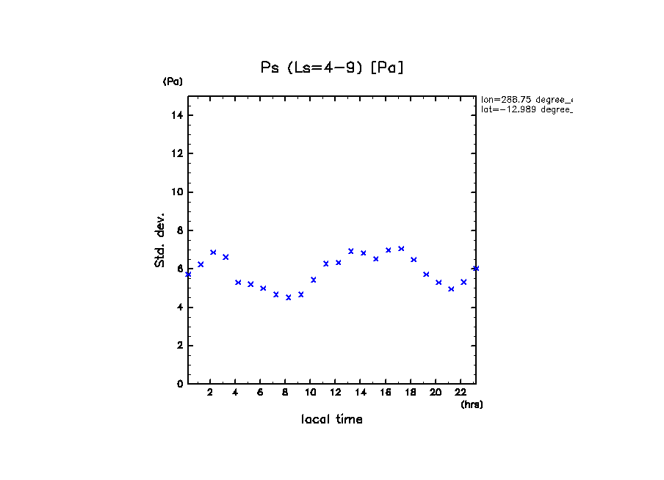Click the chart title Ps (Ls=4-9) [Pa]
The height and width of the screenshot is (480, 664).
tap(333, 68)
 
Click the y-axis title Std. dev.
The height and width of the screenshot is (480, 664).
tap(160, 240)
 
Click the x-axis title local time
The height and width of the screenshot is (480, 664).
tap(332, 419)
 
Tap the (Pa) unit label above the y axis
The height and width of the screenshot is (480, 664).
tap(173, 81)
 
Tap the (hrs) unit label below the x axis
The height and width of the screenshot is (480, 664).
tap(472, 404)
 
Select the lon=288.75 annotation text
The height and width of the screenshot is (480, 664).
tap(526, 99)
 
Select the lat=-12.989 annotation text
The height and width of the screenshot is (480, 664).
tap(526, 109)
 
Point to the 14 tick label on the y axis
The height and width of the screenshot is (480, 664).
tap(176, 115)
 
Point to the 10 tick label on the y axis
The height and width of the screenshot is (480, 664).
tap(176, 192)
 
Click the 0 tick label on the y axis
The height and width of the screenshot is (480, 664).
tap(179, 384)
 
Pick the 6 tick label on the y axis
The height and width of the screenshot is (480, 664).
tap(179, 269)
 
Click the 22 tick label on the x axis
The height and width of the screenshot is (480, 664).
tap(461, 392)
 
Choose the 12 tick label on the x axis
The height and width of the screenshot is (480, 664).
tap(336, 392)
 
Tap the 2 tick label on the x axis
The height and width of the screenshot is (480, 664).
tap(210, 392)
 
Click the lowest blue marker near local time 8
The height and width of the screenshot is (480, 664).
tap(289, 297)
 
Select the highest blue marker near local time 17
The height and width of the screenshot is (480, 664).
tap(401, 249)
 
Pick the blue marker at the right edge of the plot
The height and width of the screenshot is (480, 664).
tap(476, 269)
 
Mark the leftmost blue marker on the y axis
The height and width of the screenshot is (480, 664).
tap(188, 274)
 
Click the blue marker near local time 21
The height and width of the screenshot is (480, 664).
tap(451, 289)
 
